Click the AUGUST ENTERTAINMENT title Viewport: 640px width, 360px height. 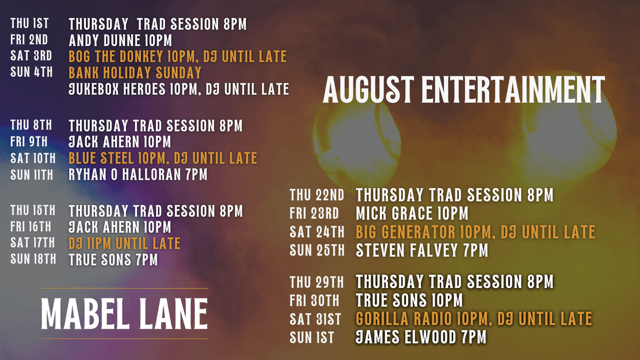click(x=463, y=90)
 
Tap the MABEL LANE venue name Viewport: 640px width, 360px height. click(x=125, y=314)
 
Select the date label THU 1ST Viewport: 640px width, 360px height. click(x=29, y=23)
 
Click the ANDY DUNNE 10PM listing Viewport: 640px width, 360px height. click(x=121, y=41)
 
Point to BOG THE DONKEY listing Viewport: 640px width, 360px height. click(x=178, y=57)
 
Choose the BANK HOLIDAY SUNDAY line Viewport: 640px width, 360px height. click(x=135, y=73)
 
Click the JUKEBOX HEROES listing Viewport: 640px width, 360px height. click(x=179, y=89)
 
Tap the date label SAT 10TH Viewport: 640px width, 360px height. click(x=33, y=158)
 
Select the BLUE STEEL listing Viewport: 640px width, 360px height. click(x=163, y=158)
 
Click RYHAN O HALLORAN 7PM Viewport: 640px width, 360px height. click(x=138, y=174)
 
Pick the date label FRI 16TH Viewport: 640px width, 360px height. click(x=31, y=227)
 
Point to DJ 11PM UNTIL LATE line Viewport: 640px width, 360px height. click(x=124, y=243)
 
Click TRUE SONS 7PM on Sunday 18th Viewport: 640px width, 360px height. click(x=113, y=260)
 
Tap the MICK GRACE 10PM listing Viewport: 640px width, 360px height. click(x=412, y=213)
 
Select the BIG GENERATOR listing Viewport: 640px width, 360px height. click(x=475, y=231)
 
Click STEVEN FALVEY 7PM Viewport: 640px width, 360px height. click(x=422, y=250)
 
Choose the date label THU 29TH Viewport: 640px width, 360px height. click(x=317, y=282)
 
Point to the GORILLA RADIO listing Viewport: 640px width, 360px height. click(x=474, y=319)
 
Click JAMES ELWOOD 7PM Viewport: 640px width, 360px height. click(x=421, y=337)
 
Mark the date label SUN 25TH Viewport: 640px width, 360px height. click(x=317, y=251)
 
